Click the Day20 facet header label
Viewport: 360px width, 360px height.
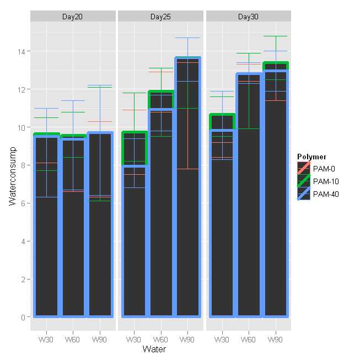pyautogui.click(x=73, y=17)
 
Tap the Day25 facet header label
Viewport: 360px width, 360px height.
pyautogui.click(x=160, y=17)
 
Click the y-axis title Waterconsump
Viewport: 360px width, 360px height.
pyautogui.click(x=13, y=175)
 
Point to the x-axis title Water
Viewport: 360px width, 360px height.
pyautogui.click(x=154, y=349)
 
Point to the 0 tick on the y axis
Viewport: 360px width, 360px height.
pyautogui.click(x=24, y=317)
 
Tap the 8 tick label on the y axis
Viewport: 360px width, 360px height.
pyautogui.click(x=24, y=165)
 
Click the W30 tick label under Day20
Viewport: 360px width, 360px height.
pyautogui.click(x=46, y=339)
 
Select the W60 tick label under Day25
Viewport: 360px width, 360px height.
pyautogui.click(x=160, y=339)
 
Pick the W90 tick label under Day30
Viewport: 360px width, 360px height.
pyautogui.click(x=275, y=339)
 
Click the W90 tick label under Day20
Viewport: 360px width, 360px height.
pyautogui.click(x=100, y=339)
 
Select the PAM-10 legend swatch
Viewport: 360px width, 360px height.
pyautogui.click(x=303, y=180)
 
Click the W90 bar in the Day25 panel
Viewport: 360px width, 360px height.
pyautogui.click(x=187, y=187)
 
